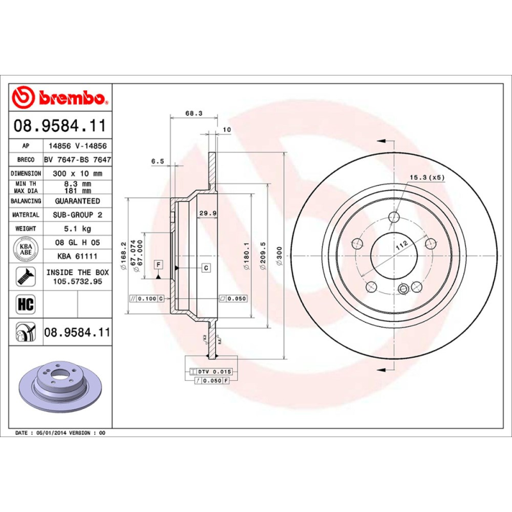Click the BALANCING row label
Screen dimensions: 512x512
click(26, 201)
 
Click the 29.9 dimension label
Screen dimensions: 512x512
click(206, 213)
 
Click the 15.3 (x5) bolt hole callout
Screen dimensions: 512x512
click(427, 177)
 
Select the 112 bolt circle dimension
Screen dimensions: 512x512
click(401, 246)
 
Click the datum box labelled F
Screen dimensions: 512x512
click(157, 265)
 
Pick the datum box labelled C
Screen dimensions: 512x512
click(206, 267)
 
